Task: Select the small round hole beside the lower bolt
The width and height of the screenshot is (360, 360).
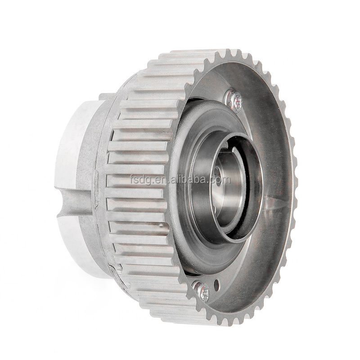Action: pyautogui.click(x=217, y=283)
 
